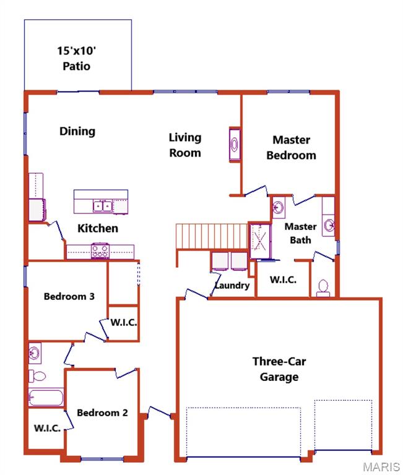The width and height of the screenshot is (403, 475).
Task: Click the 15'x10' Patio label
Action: (78, 58)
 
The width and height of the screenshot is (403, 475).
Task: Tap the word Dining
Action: (77, 131)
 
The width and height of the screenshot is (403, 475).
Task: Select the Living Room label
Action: (185, 145)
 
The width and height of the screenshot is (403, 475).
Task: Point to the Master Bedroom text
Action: (291, 148)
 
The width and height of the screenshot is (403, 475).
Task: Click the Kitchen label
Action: (97, 228)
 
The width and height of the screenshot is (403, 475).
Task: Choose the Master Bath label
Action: (300, 233)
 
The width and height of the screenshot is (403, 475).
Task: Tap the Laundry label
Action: (232, 285)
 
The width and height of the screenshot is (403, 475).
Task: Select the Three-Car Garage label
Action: (279, 369)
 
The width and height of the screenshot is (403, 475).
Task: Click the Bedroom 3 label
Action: (69, 296)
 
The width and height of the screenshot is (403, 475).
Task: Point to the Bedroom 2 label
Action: (102, 413)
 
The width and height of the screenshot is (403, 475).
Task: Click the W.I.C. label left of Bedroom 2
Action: (47, 428)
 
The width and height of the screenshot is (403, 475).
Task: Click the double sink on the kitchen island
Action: (103, 205)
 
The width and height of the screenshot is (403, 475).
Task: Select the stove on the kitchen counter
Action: (100, 250)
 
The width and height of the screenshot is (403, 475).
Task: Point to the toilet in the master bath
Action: (322, 287)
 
